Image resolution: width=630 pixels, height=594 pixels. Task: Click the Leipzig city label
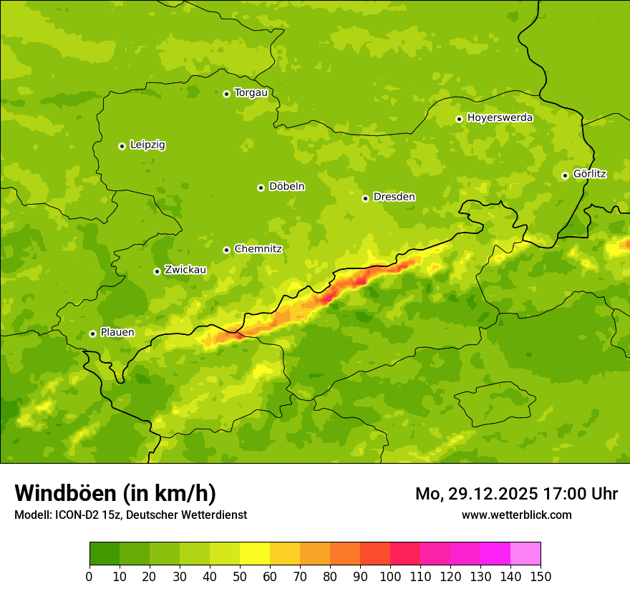coord(147,145)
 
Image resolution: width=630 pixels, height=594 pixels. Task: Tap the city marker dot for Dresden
coord(365,198)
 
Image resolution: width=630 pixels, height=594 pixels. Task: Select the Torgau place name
coord(251,93)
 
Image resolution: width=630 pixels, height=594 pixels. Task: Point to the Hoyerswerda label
coord(500,118)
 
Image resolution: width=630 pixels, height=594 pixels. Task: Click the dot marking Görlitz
coord(565,175)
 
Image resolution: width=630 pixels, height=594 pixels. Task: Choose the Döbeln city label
coord(286,187)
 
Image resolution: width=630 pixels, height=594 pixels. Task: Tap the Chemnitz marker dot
coord(226,250)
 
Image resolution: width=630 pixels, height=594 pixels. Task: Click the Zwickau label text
coord(185,270)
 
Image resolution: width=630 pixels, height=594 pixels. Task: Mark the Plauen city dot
coord(92,333)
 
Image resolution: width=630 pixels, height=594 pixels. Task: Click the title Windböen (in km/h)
coord(115,493)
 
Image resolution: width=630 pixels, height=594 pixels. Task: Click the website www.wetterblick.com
coord(516,515)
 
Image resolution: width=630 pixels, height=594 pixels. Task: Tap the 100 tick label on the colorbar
coord(390,577)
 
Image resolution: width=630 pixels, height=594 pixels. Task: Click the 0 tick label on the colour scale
coord(89,577)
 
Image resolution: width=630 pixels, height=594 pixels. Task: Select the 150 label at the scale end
coord(541,577)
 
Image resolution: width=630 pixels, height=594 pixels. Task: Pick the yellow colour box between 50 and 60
coord(255,554)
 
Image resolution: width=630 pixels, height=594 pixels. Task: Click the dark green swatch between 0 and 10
coord(105,554)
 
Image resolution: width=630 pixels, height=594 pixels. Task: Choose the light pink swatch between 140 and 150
coord(525,554)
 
